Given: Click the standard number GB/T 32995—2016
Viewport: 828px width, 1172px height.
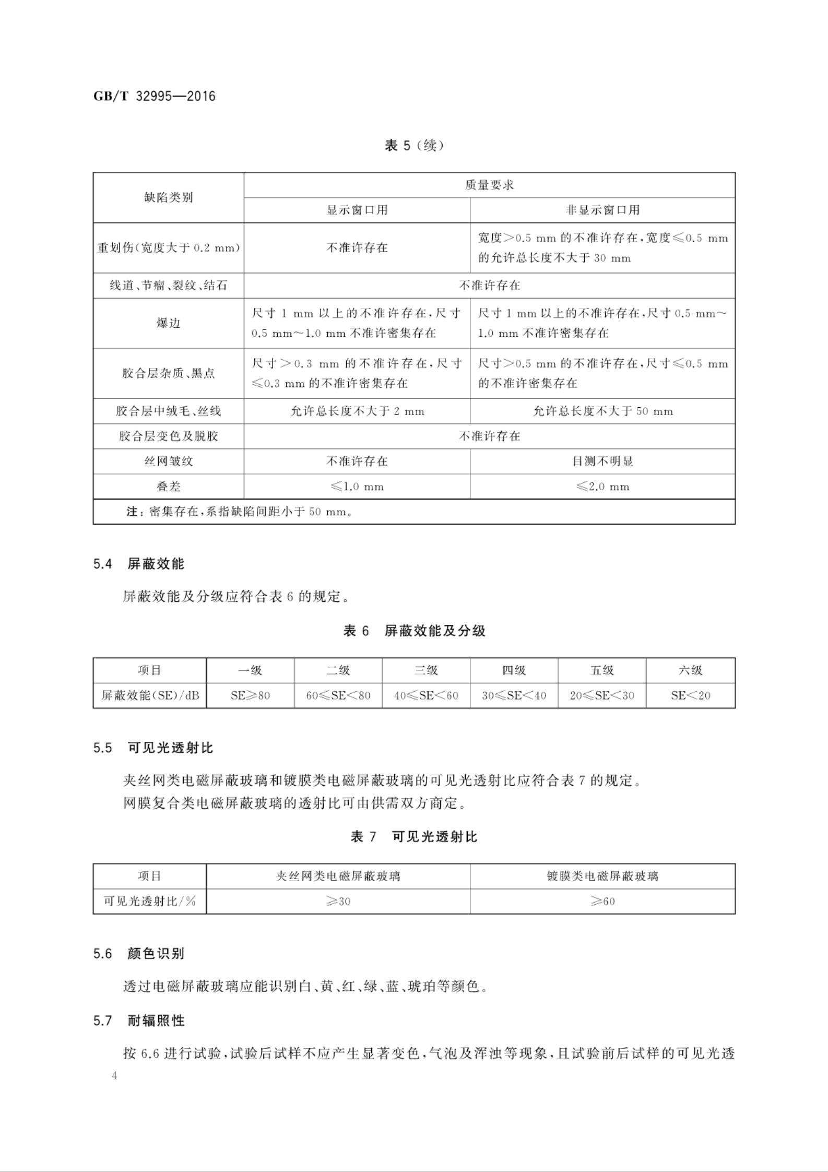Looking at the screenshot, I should click(x=155, y=97).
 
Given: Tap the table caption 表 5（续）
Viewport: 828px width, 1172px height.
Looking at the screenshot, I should click(x=414, y=146).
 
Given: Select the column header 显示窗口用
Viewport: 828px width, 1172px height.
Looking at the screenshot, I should click(x=357, y=210).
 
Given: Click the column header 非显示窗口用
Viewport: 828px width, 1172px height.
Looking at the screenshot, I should click(x=602, y=210).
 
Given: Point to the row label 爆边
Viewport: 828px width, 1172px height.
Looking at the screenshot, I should click(x=168, y=323).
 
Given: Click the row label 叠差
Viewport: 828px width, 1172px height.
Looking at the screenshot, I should click(x=168, y=487).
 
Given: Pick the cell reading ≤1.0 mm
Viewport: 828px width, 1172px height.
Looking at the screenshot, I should click(x=357, y=487).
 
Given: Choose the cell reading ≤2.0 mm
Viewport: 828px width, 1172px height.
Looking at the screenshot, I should click(x=602, y=487).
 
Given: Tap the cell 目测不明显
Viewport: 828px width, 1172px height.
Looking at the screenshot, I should click(x=602, y=461).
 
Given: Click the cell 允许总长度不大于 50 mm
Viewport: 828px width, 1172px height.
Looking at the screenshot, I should click(x=602, y=411).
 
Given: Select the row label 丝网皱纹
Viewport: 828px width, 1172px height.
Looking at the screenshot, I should click(x=168, y=461).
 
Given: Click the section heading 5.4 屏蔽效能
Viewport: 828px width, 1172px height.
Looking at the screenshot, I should click(x=139, y=564).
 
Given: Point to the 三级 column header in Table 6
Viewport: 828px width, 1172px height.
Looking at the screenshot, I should click(x=426, y=670).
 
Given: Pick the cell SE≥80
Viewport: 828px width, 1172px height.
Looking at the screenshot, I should click(x=250, y=695).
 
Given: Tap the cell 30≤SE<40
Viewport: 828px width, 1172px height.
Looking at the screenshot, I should click(x=514, y=695).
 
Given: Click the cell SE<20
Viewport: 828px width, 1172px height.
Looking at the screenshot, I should click(x=690, y=695).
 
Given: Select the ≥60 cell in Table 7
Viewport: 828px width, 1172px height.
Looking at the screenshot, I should click(x=602, y=901).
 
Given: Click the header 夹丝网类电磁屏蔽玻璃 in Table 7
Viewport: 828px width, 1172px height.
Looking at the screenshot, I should click(x=338, y=876).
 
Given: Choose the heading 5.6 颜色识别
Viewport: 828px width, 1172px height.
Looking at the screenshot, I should click(x=139, y=954).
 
